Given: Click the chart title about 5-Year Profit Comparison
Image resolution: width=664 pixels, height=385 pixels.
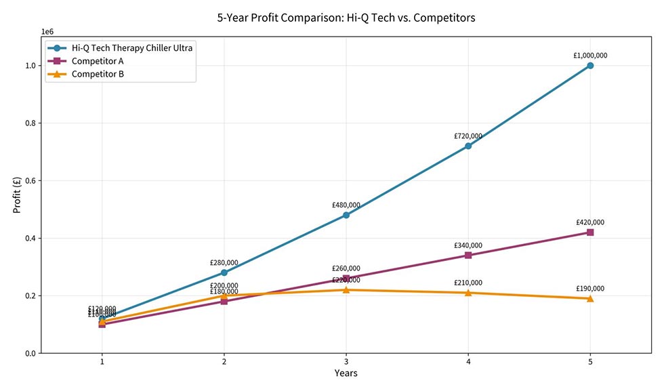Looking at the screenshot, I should point(350,18).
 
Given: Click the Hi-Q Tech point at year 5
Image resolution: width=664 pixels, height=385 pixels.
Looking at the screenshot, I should point(590,66).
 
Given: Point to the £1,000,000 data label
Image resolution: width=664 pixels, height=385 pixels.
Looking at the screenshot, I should point(590,56).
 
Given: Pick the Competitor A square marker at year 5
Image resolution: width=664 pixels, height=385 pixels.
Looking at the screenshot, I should point(590,232).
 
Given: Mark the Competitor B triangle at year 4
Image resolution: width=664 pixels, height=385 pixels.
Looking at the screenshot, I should point(468,293).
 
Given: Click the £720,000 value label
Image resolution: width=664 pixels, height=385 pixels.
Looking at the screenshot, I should point(468,136).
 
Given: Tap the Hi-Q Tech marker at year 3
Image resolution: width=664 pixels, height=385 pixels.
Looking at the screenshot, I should point(346,215).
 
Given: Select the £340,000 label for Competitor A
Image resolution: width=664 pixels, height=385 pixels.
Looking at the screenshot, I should point(468,245).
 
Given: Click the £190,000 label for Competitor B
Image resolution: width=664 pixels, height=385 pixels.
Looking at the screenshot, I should point(590,289).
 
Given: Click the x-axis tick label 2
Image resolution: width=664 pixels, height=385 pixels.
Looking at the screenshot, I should point(224,361).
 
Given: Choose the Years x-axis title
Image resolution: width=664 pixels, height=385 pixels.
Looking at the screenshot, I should point(346,373).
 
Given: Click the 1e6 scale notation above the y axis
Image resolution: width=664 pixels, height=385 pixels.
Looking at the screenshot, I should point(47,32).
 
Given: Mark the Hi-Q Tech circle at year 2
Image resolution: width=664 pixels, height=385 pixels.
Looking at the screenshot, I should point(224,272).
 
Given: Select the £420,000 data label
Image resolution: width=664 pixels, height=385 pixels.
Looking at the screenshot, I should point(590,222).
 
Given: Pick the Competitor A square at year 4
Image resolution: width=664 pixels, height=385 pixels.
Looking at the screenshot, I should point(468,256).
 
